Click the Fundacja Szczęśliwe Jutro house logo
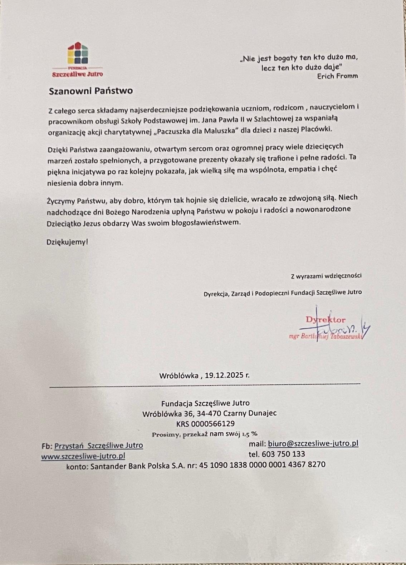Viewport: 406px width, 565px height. click(x=78, y=54)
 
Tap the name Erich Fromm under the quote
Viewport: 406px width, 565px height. click(x=337, y=76)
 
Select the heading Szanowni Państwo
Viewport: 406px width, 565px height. click(x=91, y=91)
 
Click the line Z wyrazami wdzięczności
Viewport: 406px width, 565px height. click(x=326, y=276)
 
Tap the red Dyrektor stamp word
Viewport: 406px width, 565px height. click(x=326, y=320)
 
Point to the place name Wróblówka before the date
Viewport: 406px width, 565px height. click(x=179, y=375)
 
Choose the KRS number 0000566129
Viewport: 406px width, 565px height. click(x=213, y=424)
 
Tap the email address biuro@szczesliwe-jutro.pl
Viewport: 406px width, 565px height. click(x=313, y=444)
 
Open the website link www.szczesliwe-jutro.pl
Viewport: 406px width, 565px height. click(x=83, y=456)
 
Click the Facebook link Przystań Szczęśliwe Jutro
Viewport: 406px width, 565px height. click(x=98, y=446)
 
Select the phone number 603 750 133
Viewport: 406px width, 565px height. click(x=283, y=454)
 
